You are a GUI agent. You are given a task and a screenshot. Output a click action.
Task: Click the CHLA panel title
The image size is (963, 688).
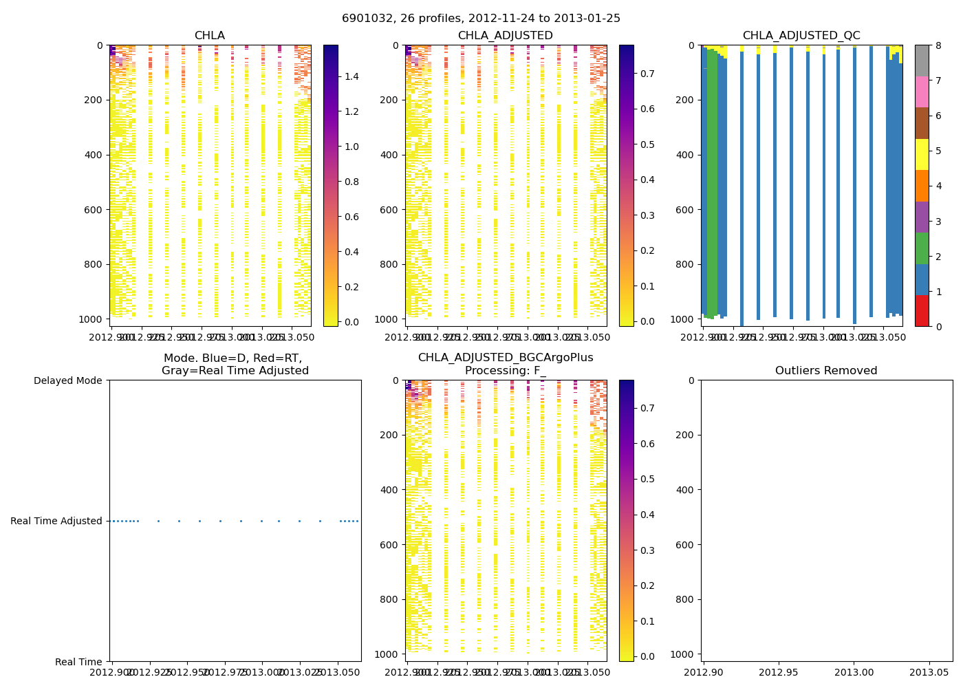click(209, 36)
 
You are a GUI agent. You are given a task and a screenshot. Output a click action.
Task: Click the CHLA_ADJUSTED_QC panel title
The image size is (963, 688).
click(801, 36)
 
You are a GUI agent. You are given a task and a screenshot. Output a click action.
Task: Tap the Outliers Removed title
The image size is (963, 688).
click(826, 371)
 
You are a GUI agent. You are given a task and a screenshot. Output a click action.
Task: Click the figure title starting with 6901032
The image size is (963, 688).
click(481, 19)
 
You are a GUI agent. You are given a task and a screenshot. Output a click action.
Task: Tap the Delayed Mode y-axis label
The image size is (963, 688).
click(67, 380)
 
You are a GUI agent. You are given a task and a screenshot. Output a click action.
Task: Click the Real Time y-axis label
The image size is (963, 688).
click(78, 662)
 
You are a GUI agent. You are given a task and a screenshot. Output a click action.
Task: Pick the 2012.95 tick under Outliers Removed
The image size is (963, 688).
click(779, 671)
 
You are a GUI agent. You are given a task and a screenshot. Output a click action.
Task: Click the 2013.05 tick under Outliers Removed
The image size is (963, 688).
click(930, 671)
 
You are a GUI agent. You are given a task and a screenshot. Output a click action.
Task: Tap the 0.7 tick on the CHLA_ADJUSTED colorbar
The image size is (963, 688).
click(647, 74)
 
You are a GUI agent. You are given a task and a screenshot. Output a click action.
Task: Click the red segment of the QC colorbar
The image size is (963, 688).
click(922, 310)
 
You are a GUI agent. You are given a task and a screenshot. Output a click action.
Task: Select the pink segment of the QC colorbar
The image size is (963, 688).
click(922, 92)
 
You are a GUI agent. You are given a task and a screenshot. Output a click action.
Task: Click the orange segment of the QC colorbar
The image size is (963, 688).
click(922, 186)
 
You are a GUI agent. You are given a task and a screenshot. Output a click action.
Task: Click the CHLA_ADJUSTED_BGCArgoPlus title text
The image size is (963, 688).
click(506, 358)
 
